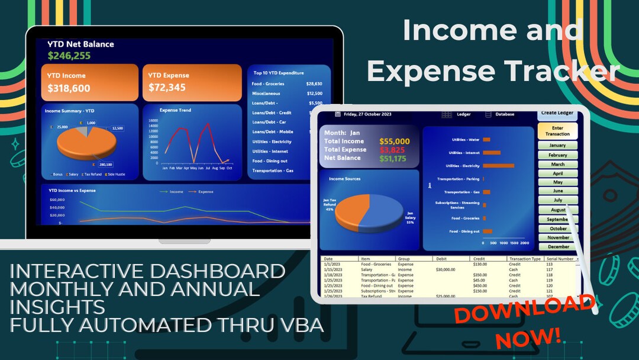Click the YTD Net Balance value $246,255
pyautogui.click(x=69, y=56)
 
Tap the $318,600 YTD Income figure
pyautogui.click(x=69, y=88)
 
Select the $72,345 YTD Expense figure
pyautogui.click(x=167, y=88)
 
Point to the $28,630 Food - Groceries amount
pyautogui.click(x=315, y=84)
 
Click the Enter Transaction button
pyautogui.click(x=557, y=131)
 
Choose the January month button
pyautogui.click(x=557, y=145)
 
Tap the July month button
pyautogui.click(x=557, y=200)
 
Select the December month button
pyautogui.click(x=557, y=246)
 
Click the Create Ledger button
pyautogui.click(x=557, y=113)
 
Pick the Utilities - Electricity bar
pyautogui.click(x=498, y=166)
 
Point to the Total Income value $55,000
pyautogui.click(x=394, y=142)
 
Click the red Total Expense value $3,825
pyautogui.click(x=392, y=150)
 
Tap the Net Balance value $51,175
pyautogui.click(x=393, y=159)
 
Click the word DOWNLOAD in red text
pyautogui.click(x=524, y=310)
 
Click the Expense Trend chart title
pyautogui.click(x=175, y=110)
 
